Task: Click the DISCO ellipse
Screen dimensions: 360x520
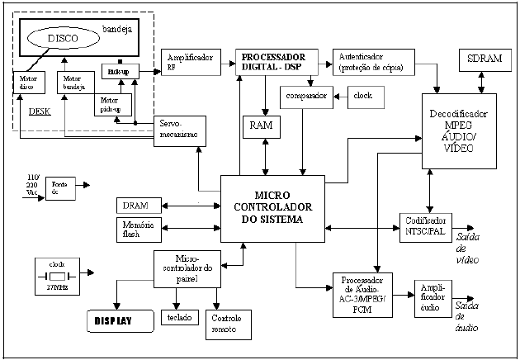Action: (66, 39)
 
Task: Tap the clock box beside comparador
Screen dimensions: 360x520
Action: (362, 97)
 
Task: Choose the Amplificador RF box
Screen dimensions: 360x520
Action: (190, 64)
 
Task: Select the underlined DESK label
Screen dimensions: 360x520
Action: (29, 111)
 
